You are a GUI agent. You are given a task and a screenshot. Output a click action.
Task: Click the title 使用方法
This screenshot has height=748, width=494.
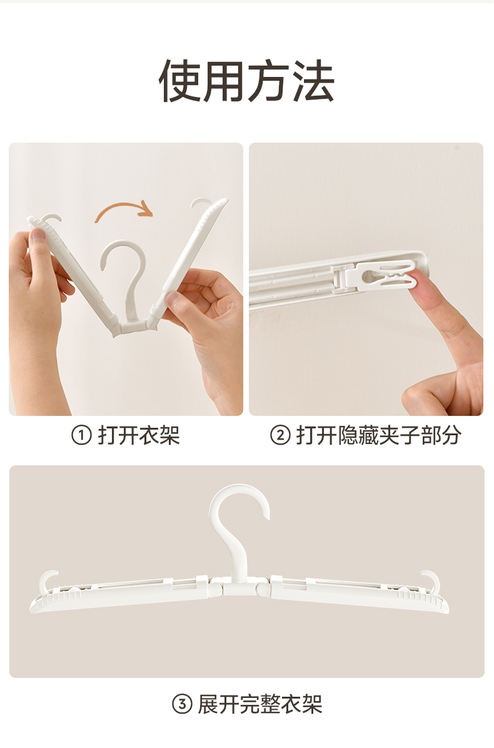(x=246, y=81)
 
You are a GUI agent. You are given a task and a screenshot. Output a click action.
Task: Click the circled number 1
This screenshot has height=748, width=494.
(x=81, y=435)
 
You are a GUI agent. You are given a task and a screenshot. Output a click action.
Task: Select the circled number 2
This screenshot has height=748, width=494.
(x=280, y=435)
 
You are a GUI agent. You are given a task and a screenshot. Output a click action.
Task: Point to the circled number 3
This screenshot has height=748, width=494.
(x=182, y=704)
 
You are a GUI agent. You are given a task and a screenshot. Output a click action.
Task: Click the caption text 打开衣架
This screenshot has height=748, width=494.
(x=139, y=435)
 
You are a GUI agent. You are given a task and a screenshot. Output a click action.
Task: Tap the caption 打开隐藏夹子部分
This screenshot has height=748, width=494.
(x=379, y=435)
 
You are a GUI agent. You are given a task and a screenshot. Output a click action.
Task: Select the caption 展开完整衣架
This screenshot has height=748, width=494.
(x=260, y=704)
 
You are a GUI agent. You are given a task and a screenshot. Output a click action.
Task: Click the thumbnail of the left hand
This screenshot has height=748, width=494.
(x=38, y=235)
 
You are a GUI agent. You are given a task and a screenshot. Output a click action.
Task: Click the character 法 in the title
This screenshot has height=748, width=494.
(x=313, y=81)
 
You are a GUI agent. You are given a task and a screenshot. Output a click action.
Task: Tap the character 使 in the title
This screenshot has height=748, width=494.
(x=181, y=81)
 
